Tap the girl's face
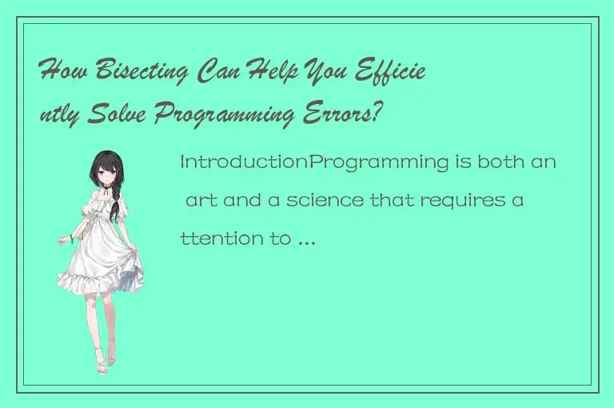(x=105, y=174)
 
